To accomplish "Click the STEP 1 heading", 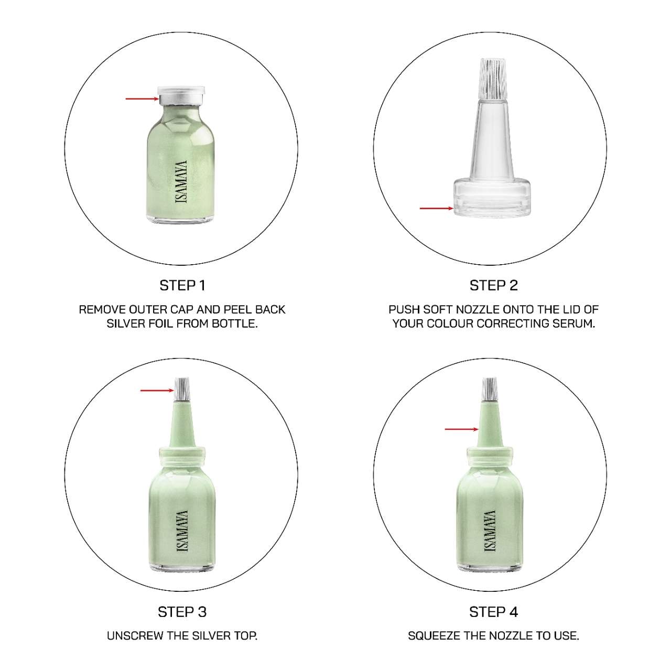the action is (182, 286).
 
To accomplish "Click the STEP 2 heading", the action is (493, 286).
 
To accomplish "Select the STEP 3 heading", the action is (182, 612).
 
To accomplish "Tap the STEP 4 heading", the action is (493, 612).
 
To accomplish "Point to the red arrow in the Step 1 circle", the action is (142, 99).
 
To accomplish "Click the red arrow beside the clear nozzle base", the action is (437, 208).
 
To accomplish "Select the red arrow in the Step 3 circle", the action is (157, 391).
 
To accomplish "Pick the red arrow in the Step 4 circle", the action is (462, 429).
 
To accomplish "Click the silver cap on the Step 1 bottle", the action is (181, 95).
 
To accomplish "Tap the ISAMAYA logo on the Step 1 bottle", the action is (181, 181).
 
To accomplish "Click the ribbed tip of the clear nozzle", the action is (493, 78).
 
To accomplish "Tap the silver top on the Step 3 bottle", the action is (182, 389).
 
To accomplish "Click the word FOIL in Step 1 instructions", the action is (158, 323).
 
